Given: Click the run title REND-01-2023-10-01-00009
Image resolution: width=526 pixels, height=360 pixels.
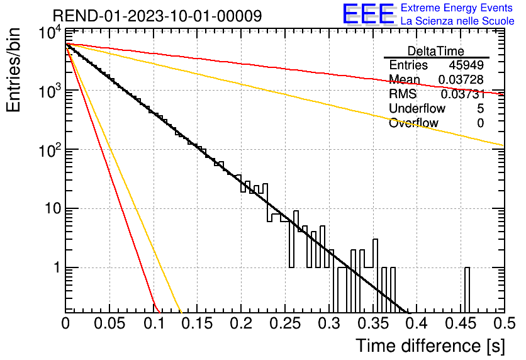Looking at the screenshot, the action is (x=157, y=16).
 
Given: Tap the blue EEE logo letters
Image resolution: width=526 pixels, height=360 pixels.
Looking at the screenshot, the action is (x=368, y=14).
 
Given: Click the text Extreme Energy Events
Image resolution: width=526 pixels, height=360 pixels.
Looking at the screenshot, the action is (x=457, y=8).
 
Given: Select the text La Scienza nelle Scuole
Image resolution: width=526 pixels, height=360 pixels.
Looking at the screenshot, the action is (x=457, y=21).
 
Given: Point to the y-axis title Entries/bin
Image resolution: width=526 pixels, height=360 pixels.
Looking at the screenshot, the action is (x=13, y=70).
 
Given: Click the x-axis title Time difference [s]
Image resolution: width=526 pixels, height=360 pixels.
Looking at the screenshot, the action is (x=430, y=346).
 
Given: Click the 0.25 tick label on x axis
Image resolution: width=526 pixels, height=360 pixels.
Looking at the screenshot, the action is (x=286, y=323).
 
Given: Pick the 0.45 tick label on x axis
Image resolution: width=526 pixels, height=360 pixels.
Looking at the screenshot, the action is (x=461, y=323).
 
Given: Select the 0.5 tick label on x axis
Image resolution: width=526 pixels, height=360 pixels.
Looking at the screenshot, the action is (x=505, y=323).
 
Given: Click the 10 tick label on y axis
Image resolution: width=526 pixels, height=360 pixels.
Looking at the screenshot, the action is (x=53, y=209).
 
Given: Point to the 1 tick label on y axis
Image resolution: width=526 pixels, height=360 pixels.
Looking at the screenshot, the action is (x=57, y=267).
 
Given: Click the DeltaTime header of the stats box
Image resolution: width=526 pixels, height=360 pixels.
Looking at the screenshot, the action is (x=436, y=51).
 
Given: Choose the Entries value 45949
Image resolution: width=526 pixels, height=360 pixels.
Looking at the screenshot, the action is (x=466, y=65).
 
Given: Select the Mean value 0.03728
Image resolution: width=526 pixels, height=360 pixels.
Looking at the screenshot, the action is (x=461, y=79).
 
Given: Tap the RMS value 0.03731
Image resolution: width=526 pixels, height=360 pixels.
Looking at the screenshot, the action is (x=462, y=94).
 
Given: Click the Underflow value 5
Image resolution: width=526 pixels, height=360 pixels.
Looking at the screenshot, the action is (x=480, y=108).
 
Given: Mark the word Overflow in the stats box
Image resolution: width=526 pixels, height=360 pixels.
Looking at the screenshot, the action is (x=413, y=123).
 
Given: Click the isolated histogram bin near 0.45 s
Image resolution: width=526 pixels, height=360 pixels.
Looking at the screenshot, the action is (x=467, y=290).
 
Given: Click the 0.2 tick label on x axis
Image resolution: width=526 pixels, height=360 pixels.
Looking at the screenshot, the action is (x=241, y=323).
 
